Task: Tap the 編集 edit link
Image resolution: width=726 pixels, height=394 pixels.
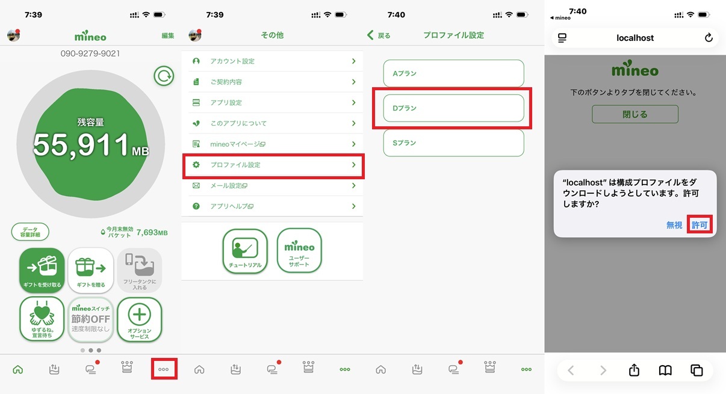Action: [167, 35]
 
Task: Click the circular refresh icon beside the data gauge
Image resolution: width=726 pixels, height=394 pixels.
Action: [164, 76]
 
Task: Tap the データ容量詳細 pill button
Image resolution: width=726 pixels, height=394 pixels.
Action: [30, 232]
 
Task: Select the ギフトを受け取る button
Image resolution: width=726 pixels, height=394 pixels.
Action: [42, 270]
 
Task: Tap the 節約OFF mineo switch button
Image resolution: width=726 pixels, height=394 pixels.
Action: [91, 319]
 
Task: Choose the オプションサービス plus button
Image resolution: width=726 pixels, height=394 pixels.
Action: [140, 319]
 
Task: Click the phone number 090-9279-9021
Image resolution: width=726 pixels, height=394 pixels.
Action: [90, 54]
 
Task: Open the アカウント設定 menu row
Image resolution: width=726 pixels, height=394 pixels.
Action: [272, 61]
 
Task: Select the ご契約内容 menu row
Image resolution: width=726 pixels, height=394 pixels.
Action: [272, 82]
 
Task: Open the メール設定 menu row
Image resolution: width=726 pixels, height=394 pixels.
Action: [272, 185]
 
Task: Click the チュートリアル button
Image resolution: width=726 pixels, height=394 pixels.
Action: [245, 251]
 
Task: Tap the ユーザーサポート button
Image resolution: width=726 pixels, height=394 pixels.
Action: [299, 251]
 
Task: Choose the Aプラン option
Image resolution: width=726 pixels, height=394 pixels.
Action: [453, 73]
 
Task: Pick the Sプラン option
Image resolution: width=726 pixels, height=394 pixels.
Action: [453, 143]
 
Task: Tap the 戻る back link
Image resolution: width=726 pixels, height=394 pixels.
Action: [379, 35]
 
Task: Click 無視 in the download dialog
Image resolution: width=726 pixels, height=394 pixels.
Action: [674, 225]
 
